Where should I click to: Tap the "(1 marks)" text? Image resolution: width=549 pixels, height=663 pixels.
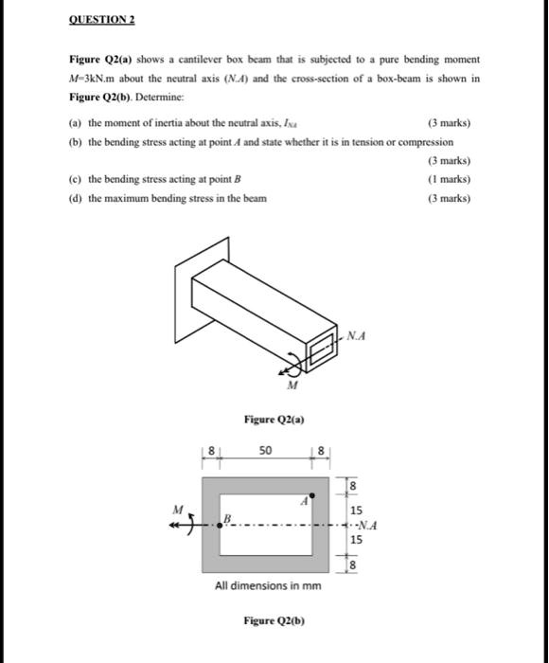tap(450, 179)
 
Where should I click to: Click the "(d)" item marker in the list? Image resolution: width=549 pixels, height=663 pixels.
tap(76, 198)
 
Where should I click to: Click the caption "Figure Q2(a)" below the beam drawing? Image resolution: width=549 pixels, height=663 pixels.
tap(274, 419)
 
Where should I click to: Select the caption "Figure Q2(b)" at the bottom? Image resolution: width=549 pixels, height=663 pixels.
tap(274, 621)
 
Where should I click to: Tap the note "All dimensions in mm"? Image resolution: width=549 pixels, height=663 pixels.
tap(268, 585)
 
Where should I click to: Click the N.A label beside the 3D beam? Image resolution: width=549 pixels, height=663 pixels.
tap(357, 334)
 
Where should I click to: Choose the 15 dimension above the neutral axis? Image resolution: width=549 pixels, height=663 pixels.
tap(355, 508)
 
